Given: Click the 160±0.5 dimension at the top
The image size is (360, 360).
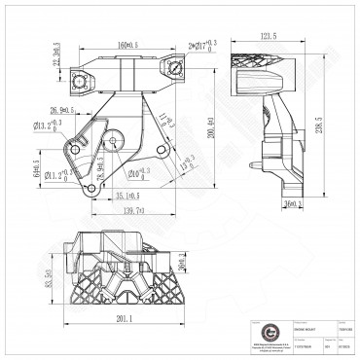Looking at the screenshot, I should tap(127, 44).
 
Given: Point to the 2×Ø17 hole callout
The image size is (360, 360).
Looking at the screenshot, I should tap(200, 44).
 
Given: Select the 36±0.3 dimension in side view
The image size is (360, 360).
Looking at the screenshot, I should tap(293, 203).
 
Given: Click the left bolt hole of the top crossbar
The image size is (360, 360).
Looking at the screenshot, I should tap(81, 66).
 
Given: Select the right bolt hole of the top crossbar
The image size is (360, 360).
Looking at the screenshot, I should tap(175, 66).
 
